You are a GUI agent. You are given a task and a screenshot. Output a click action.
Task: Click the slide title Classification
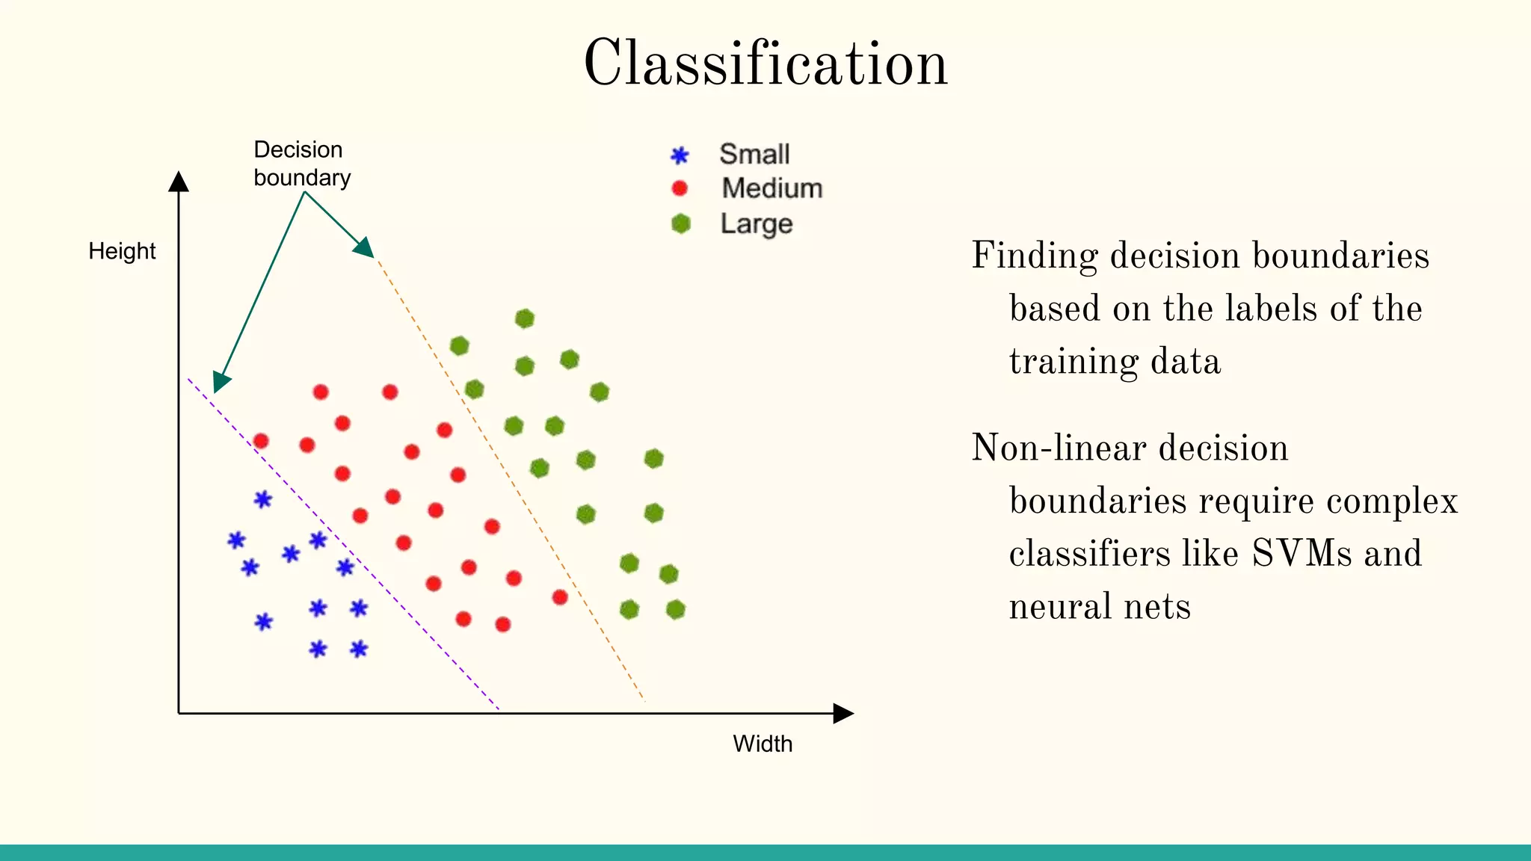pos(765,64)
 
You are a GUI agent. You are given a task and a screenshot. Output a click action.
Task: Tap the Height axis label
pos(122,251)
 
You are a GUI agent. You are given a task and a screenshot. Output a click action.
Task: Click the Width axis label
pos(762,744)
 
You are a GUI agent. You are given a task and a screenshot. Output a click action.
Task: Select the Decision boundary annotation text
pos(301,164)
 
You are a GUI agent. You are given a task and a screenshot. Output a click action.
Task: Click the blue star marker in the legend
pos(679,155)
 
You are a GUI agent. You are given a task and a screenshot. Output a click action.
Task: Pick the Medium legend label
pos(771,188)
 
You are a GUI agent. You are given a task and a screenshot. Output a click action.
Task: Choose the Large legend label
pos(756,223)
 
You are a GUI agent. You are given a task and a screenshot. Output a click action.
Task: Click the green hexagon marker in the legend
pos(680,223)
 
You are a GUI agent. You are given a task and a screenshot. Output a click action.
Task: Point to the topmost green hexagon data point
pos(525,318)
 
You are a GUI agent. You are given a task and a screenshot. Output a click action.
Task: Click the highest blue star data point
pos(262,499)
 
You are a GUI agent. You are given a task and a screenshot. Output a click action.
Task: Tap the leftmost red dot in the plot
pos(261,441)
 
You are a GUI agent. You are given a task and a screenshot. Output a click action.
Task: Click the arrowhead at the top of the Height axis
pos(179,181)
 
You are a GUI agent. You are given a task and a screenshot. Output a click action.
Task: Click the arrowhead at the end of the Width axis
pos(842,713)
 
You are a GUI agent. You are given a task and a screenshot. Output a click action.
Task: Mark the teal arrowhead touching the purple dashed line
pos(221,382)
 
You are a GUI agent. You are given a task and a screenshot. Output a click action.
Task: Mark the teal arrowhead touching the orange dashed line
pos(364,248)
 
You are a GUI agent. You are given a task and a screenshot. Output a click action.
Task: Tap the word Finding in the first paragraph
pos(1035,256)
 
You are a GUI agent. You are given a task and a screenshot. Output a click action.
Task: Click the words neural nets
pos(1099,606)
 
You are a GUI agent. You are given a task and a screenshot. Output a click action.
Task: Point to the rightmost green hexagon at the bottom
pos(675,609)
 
